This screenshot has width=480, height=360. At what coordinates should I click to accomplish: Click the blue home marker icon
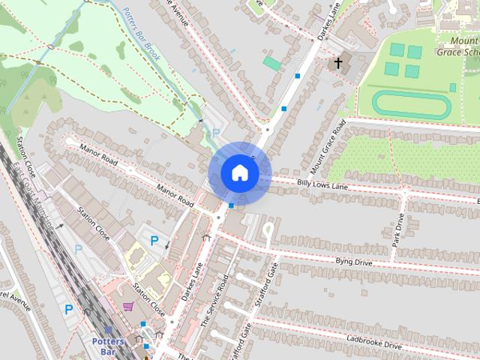(x=239, y=173)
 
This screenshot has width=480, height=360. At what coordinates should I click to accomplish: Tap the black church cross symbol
(x=339, y=63)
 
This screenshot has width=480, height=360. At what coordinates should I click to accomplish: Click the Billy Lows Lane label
(x=323, y=183)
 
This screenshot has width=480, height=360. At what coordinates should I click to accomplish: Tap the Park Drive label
(x=398, y=229)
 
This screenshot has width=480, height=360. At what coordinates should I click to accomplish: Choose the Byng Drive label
(x=353, y=262)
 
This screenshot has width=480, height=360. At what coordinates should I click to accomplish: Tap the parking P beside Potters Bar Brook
(x=216, y=133)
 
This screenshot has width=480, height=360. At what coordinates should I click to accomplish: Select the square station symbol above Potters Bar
(x=110, y=330)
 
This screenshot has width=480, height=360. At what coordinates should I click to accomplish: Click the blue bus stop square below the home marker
(x=232, y=205)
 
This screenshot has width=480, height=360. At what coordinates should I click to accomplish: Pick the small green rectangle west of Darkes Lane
(x=271, y=64)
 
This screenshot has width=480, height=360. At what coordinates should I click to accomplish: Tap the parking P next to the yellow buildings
(x=154, y=241)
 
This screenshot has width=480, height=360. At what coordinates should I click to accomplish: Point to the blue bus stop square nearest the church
(x=299, y=76)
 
